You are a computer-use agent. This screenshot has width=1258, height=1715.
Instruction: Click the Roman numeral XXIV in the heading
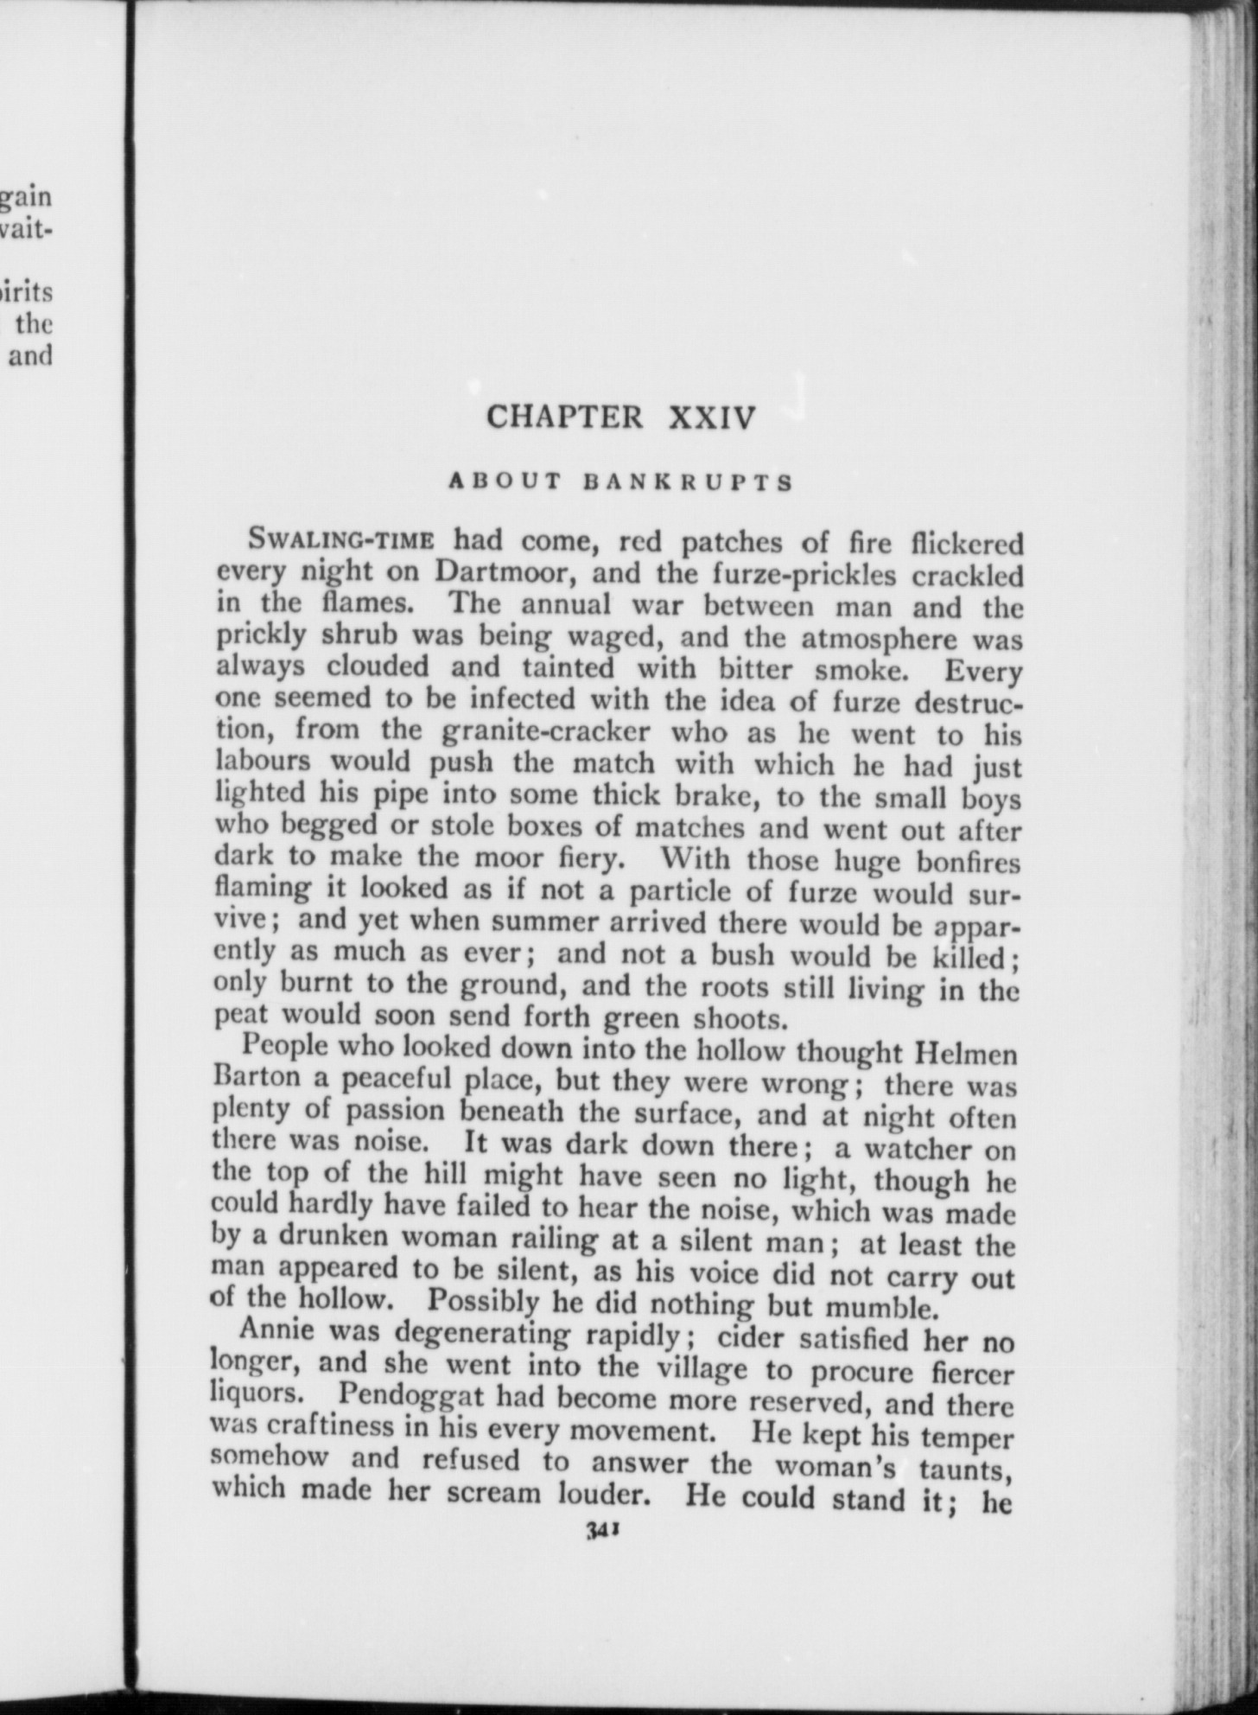(x=714, y=418)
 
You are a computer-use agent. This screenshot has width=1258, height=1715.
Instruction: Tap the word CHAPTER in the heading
(x=564, y=418)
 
